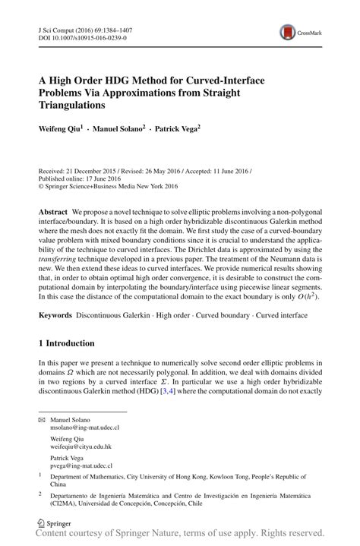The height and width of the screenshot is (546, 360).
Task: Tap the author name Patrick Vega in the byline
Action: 178,130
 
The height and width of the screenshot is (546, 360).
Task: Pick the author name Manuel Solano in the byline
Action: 118,130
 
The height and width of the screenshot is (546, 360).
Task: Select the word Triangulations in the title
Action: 79,104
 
